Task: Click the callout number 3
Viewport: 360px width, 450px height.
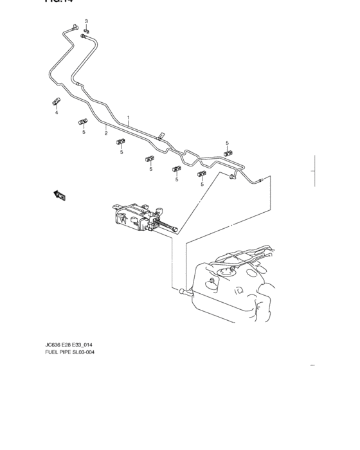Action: point(87,22)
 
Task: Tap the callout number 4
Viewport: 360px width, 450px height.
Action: point(56,113)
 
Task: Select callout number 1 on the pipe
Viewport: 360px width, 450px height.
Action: point(129,118)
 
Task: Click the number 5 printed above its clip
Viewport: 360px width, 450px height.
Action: point(227,143)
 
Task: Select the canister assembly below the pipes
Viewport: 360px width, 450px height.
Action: point(135,214)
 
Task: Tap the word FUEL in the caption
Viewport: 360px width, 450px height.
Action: point(53,352)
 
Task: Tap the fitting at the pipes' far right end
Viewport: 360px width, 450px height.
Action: point(260,181)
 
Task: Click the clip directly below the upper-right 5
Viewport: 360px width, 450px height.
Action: point(228,154)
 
